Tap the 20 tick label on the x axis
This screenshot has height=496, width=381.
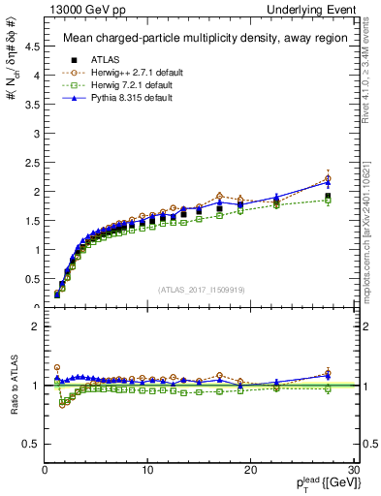click(250, 470)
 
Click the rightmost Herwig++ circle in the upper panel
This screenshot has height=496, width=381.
click(328, 178)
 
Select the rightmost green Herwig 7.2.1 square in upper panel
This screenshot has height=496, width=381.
click(328, 200)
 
